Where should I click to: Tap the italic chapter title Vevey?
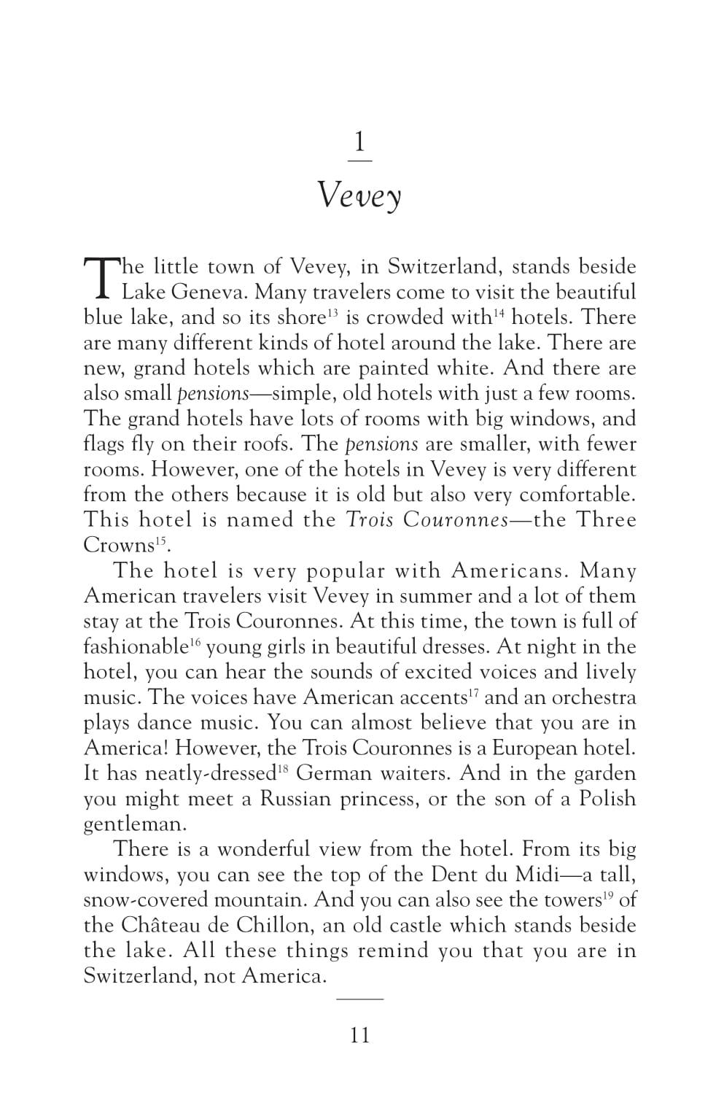click(x=360, y=196)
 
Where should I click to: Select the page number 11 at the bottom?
click(x=360, y=1035)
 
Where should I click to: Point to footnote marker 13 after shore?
click(x=331, y=313)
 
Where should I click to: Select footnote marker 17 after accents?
click(x=473, y=692)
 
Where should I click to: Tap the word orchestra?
click(x=593, y=697)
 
